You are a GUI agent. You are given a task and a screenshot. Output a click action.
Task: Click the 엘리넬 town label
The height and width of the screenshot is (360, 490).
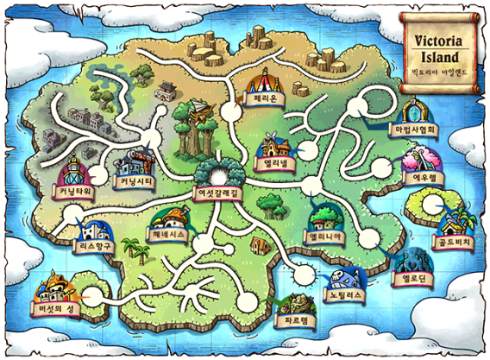[x=276, y=161]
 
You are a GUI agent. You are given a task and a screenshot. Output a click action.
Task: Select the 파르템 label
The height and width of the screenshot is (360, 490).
[x=287, y=319]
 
